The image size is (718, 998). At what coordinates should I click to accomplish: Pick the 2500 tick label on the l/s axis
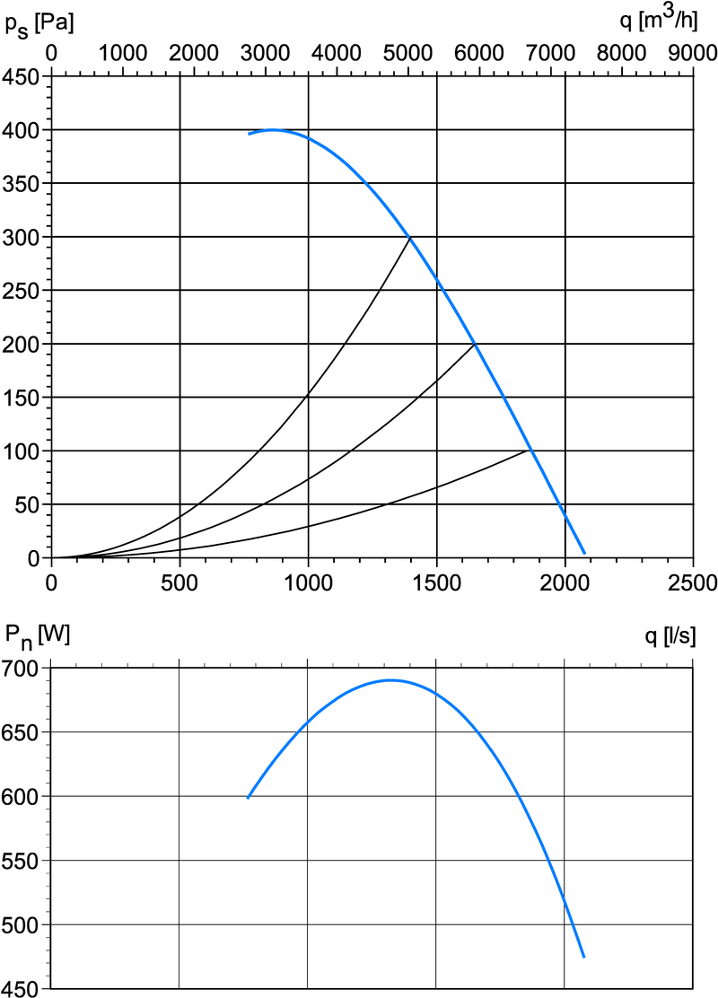693,582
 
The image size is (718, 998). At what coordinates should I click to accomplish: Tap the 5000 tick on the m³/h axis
407,53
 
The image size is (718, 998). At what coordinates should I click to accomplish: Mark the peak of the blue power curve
391,680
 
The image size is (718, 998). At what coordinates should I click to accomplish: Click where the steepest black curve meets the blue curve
411,237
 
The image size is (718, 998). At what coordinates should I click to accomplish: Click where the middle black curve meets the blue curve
476,344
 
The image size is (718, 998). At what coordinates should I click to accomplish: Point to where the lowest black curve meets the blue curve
531,450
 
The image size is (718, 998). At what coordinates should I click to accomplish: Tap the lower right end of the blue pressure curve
584,553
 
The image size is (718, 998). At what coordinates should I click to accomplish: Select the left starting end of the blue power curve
248,797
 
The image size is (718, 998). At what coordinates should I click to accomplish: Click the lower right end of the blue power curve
583,957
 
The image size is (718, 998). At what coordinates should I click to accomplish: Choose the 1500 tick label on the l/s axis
436,582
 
